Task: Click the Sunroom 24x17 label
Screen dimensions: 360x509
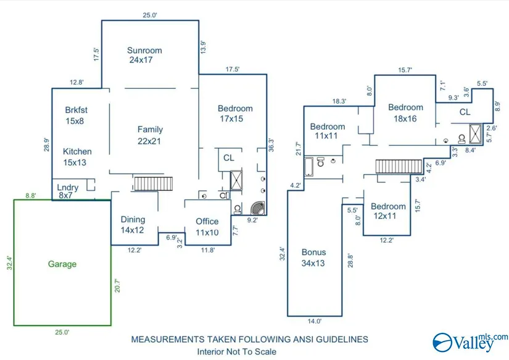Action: coord(144,56)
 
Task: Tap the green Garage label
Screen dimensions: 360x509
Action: coord(62,264)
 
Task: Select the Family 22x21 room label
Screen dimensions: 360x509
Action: coord(150,135)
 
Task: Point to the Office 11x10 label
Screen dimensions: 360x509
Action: coord(207,227)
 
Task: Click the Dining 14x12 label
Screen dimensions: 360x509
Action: coord(133,225)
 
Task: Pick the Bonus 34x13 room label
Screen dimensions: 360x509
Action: coord(314,257)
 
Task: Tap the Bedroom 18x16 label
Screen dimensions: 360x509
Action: coord(405,113)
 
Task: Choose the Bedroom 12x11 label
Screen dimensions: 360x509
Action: coord(388,211)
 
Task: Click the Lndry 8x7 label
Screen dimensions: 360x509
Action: coord(67,191)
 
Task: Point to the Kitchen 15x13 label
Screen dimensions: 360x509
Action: coord(78,157)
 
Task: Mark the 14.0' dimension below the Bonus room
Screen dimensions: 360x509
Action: coord(315,321)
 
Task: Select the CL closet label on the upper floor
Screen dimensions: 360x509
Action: coord(465,113)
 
